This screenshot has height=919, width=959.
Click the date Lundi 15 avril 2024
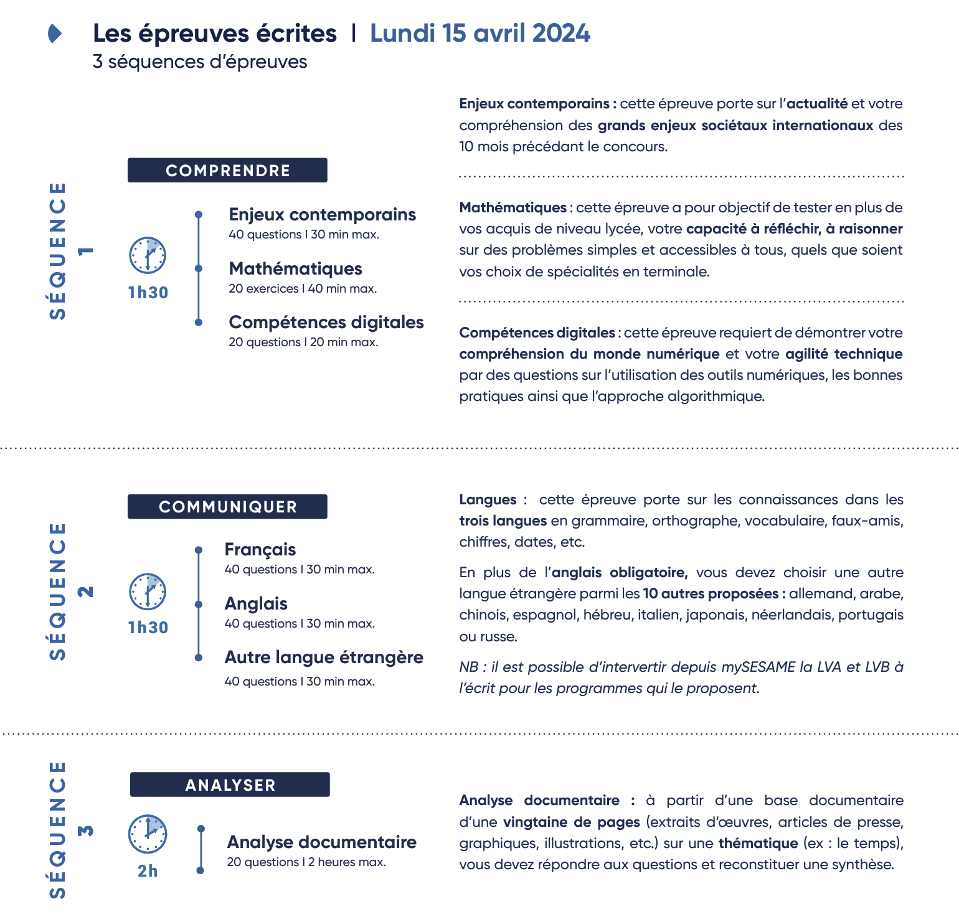click(479, 34)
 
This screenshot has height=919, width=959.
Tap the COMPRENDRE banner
click(227, 171)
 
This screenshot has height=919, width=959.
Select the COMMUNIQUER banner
click(227, 507)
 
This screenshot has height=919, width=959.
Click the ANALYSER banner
click(230, 785)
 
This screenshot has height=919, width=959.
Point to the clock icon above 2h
click(148, 834)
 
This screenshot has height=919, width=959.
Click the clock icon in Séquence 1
click(148, 255)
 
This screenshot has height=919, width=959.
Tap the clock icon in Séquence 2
click(148, 591)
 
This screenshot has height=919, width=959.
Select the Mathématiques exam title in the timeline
click(295, 269)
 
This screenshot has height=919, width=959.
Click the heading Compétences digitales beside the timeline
click(326, 323)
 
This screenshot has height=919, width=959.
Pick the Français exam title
click(260, 550)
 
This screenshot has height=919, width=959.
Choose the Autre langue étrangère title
click(324, 657)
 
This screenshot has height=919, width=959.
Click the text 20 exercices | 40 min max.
click(303, 289)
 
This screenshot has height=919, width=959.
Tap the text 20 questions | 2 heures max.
click(306, 862)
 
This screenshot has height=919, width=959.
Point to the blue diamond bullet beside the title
click(55, 34)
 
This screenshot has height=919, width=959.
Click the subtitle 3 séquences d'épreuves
click(200, 62)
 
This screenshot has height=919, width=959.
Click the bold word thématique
click(758, 844)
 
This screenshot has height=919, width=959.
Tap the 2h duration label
click(148, 871)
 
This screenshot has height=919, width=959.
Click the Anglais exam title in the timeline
click(256, 604)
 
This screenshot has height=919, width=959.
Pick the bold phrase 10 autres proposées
click(711, 594)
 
